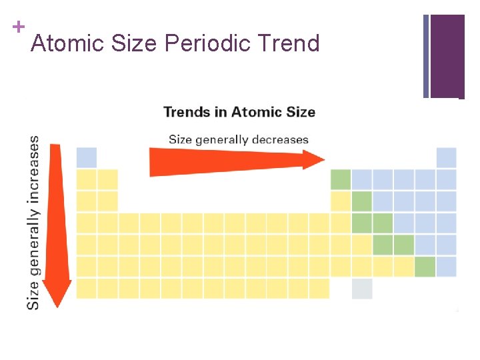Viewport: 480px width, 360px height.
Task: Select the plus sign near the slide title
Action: pos(17,27)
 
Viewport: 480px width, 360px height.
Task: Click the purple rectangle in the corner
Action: pos(447,56)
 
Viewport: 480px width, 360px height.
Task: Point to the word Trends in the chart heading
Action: pos(187,111)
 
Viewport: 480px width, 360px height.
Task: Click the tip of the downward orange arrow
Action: pos(57,305)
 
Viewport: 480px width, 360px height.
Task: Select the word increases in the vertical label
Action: pos(33,169)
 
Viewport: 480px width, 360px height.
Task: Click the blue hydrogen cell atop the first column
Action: pos(87,158)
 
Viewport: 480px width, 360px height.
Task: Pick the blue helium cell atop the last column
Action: pos(446,158)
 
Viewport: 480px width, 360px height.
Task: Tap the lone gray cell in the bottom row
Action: pos(362,289)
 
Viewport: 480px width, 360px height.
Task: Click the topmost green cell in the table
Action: pos(341,179)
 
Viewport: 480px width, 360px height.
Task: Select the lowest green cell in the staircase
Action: pos(425,267)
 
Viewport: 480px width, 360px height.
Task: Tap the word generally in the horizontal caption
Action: pos(225,139)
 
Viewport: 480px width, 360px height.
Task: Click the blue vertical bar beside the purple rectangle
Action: pos(426,56)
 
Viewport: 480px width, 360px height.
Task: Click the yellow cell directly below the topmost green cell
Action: pos(341,201)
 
